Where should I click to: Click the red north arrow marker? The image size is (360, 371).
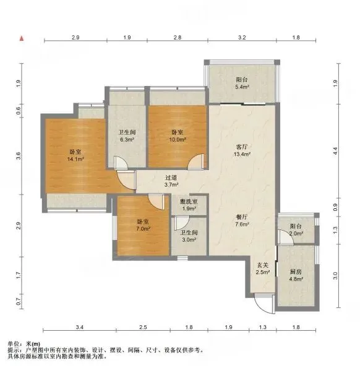point(22,38)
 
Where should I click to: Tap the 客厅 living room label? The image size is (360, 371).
point(242,147)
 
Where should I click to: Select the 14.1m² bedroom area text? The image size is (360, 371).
point(75,160)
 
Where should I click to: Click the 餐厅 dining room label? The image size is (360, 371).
point(242,217)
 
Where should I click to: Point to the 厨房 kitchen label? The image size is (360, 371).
point(296,272)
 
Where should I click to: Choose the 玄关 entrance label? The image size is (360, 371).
point(263,265)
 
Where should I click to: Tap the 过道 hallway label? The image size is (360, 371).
point(171,177)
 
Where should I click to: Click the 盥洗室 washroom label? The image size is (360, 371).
point(189,202)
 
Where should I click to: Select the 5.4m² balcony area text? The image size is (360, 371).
point(242,87)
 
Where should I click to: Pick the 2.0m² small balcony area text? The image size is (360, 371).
point(296,234)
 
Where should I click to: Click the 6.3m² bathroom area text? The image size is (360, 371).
point(127,140)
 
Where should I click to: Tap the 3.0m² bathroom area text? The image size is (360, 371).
point(189,240)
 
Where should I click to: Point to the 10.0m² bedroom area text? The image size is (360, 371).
point(178,140)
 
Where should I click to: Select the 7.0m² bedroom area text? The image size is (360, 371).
point(143,229)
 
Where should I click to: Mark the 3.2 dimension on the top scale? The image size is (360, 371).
point(242,37)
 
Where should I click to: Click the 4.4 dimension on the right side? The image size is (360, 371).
point(335,151)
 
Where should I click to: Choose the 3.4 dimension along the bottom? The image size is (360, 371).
point(80,327)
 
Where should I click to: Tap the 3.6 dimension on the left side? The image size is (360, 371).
point(19,156)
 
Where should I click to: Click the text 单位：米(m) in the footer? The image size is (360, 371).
point(24,344)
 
